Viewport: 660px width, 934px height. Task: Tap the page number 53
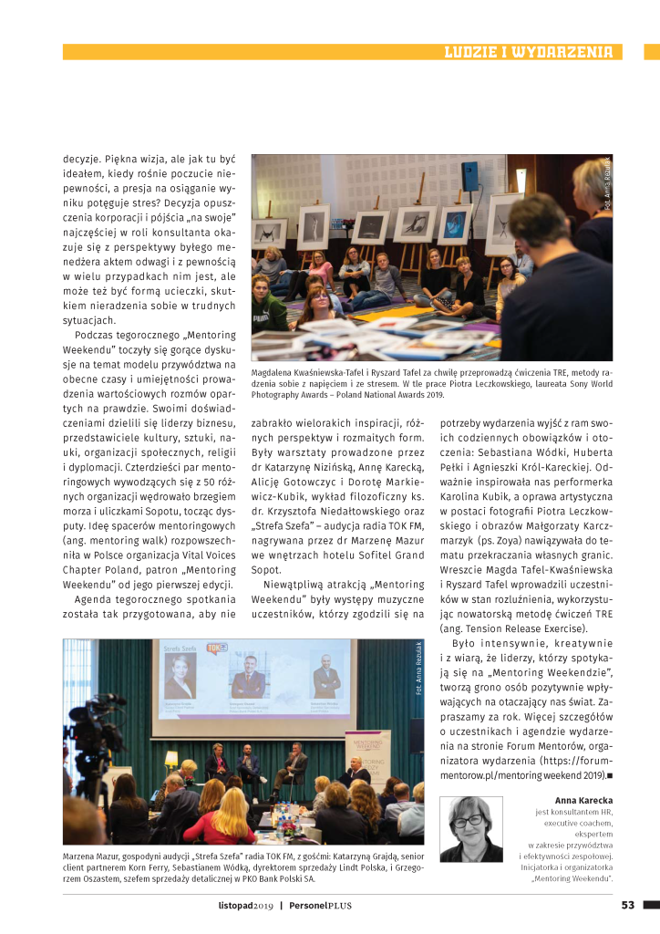pyautogui.click(x=627, y=905)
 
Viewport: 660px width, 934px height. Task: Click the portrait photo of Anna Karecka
pyautogui.click(x=470, y=829)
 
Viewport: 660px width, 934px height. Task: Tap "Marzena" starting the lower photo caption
pyautogui.click(x=83, y=857)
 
